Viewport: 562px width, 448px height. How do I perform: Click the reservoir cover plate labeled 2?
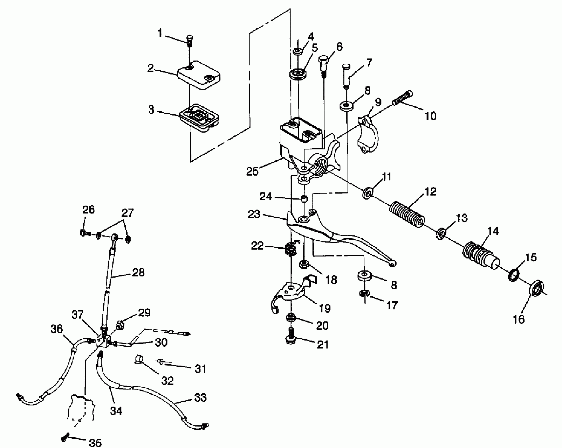coord(199,75)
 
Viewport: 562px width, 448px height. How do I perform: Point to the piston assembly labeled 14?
coord(480,254)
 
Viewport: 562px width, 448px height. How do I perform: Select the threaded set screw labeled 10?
coord(403,98)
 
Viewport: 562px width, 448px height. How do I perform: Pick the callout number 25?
coord(252,171)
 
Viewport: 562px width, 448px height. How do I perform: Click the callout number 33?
coord(200,397)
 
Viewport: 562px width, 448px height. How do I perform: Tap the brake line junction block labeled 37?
coord(103,341)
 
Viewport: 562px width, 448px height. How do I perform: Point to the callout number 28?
coord(138,273)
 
